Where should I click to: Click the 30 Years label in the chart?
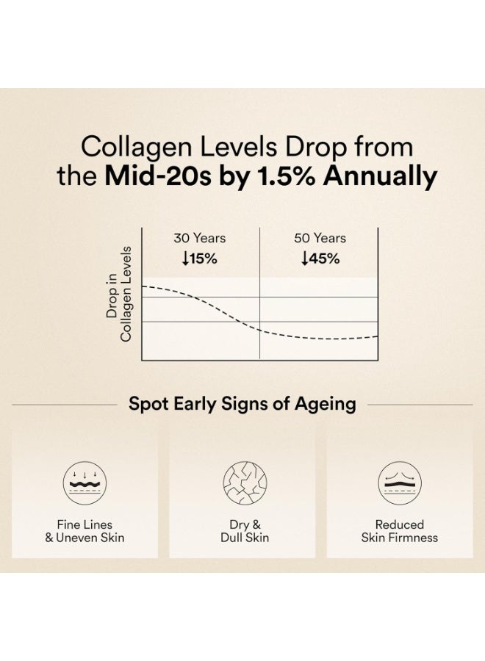(x=200, y=238)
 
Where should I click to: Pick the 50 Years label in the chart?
(x=320, y=238)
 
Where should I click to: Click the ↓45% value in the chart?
(x=320, y=259)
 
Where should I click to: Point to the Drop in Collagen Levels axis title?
(x=118, y=292)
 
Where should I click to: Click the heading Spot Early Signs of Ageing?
(x=242, y=404)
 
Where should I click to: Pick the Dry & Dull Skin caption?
(x=242, y=531)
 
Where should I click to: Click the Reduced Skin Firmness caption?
(x=400, y=531)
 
